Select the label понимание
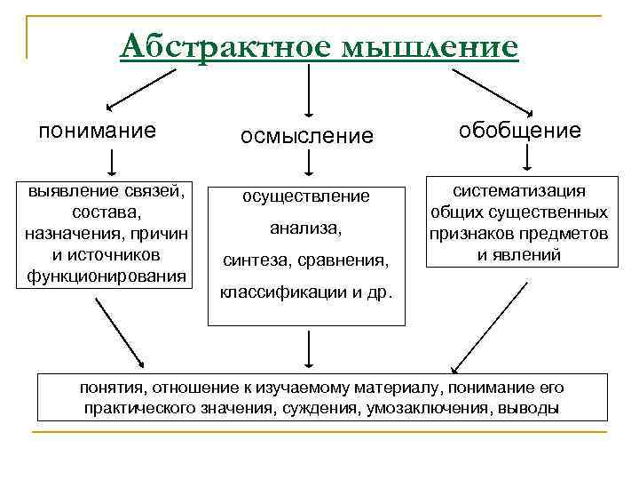tap(98, 131)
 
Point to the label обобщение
tap(520, 131)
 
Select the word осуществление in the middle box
tap(306, 196)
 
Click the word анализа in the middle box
tap(306, 228)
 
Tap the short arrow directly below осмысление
tap(307, 164)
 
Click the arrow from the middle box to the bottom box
tap(307, 348)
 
